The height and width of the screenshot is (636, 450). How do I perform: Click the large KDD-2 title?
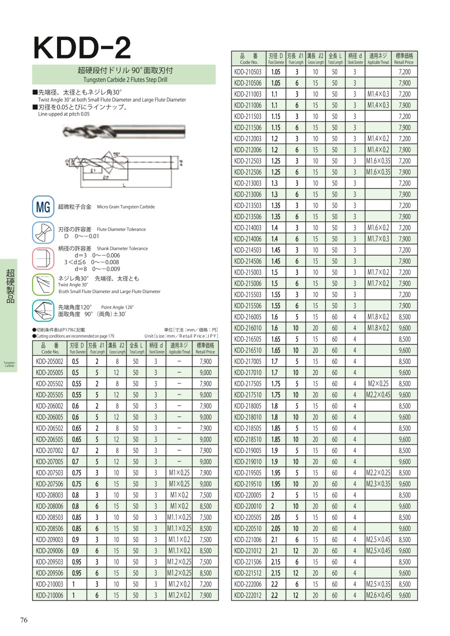tap(82, 48)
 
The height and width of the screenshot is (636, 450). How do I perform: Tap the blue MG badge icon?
tap(43, 207)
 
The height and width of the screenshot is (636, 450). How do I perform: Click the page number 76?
tap(23, 620)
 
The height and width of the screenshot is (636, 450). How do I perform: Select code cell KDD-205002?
tap(50, 361)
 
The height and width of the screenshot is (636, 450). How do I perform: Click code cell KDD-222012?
tap(248, 595)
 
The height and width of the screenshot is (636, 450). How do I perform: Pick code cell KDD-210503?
tap(248, 72)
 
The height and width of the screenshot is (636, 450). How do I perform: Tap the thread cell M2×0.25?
tap(378, 383)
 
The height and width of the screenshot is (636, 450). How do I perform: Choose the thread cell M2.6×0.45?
tap(378, 595)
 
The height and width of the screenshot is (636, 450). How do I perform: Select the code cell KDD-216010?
tap(248, 328)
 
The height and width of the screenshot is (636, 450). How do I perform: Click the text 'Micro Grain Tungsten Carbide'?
tap(125, 206)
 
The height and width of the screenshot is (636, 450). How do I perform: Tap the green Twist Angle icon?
tap(43, 285)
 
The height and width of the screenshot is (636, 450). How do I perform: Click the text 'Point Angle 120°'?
tap(117, 307)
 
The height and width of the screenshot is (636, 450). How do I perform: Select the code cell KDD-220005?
tap(248, 495)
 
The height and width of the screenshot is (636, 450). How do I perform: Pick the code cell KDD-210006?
tap(50, 595)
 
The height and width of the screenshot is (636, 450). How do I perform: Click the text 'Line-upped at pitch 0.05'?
tap(64, 114)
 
